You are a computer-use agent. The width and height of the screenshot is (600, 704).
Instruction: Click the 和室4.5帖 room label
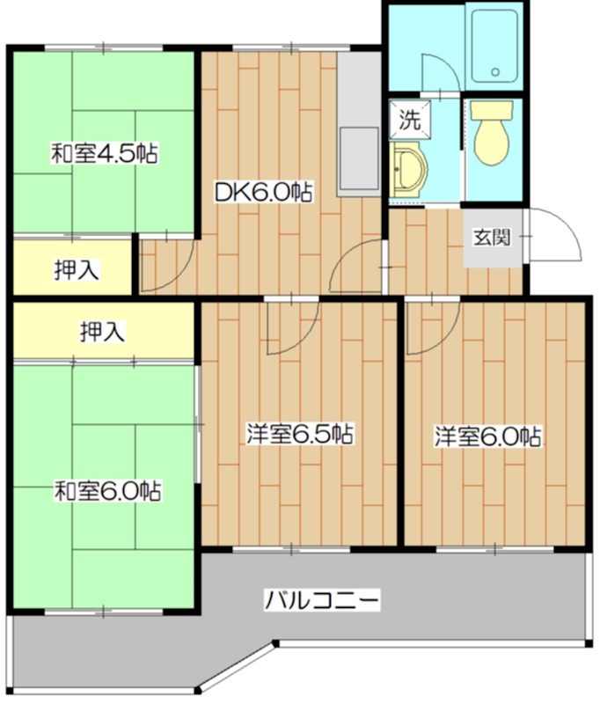tap(104, 155)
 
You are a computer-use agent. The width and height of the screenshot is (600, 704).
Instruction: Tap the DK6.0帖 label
tap(263, 192)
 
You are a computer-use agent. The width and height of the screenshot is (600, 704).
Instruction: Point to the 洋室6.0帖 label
tap(487, 436)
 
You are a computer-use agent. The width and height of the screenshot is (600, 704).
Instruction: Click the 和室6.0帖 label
tap(106, 490)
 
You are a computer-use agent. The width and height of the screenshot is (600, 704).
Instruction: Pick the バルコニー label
tap(322, 602)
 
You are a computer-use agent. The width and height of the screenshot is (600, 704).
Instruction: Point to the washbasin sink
tap(407, 172)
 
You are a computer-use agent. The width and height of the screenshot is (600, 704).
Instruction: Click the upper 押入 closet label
tap(77, 270)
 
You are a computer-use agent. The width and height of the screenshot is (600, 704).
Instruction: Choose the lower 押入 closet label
tap(101, 332)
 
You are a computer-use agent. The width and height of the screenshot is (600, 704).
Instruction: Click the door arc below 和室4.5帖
tap(172, 265)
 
